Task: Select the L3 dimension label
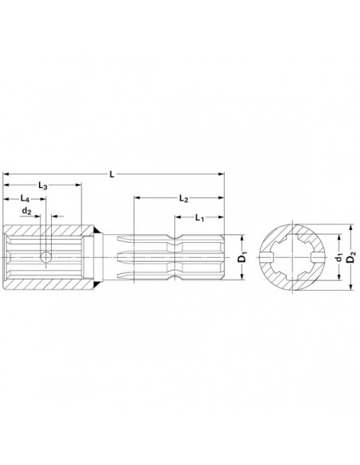(x=44, y=185)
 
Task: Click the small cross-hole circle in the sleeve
(x=46, y=256)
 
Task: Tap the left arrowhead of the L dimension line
(x=6, y=172)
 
